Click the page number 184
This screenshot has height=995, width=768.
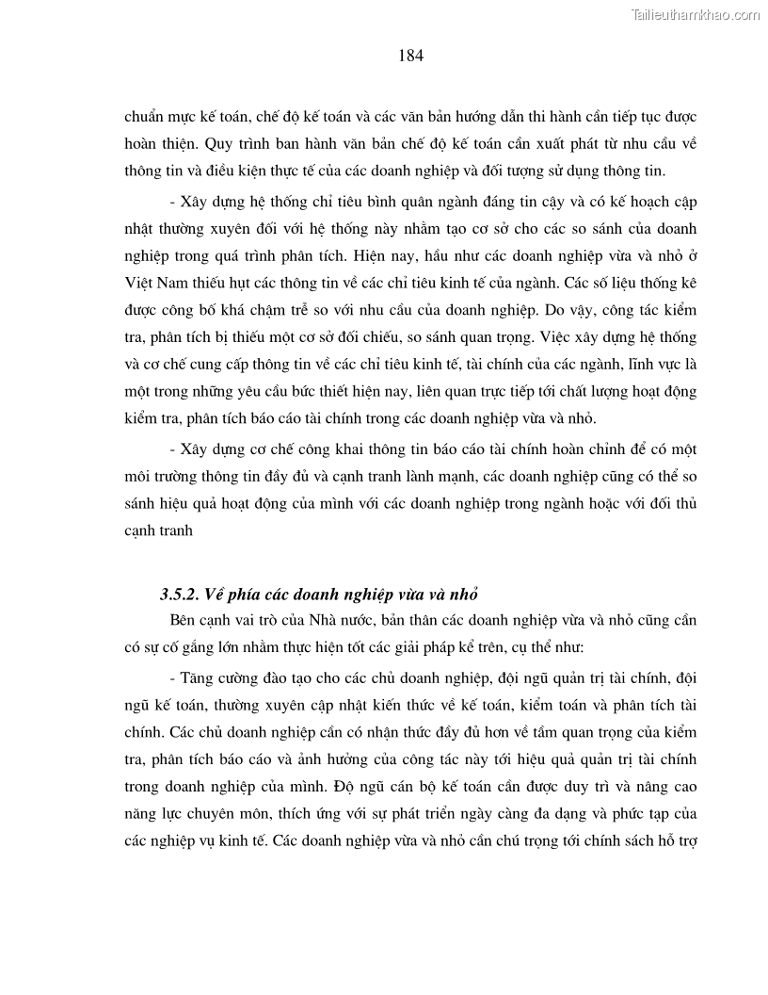(411, 56)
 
